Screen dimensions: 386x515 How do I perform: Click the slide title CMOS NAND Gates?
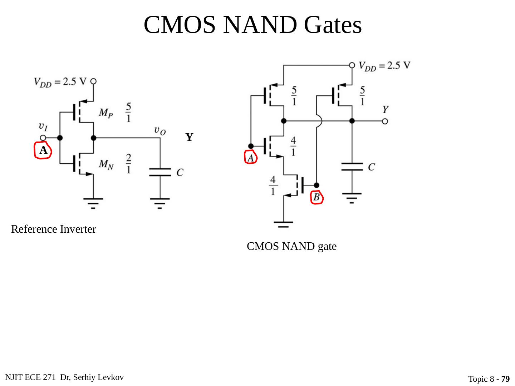pos(252,25)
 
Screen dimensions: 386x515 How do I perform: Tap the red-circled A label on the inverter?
pos(43,150)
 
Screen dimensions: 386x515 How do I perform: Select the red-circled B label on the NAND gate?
pos(317,197)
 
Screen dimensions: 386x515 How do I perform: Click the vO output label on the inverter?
pos(160,130)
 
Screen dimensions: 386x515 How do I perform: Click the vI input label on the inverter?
pos(43,127)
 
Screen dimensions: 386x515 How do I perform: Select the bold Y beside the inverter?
pos(190,137)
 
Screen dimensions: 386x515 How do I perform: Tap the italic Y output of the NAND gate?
pos(386,109)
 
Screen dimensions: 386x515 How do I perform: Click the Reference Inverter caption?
pos(54,229)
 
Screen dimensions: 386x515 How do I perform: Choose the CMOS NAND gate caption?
pos(291,247)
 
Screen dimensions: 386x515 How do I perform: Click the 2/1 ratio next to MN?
pos(128,164)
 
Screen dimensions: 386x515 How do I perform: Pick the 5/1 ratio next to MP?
pos(128,112)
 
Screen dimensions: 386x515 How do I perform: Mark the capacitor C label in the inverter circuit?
pos(180,173)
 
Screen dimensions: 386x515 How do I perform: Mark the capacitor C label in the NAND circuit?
pos(372,167)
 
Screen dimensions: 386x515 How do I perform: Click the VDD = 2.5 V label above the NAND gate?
pos(384,66)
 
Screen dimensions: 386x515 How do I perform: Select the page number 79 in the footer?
pos(505,379)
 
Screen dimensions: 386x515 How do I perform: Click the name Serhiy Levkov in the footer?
pos(103,377)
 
